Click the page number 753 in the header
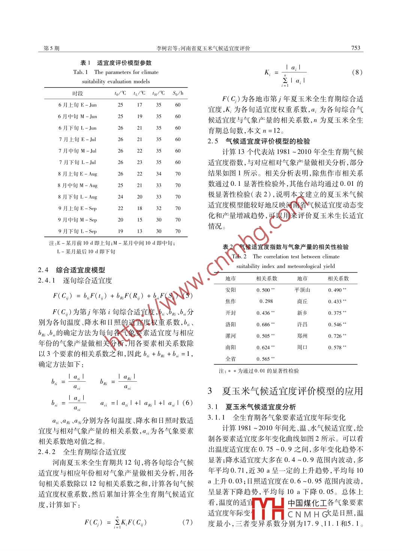coord(355,48)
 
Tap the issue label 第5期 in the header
coord(51,48)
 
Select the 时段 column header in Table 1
coord(77,93)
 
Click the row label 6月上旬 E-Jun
coord(77,105)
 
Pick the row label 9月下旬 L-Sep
coord(77,231)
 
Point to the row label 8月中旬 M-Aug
coord(77,185)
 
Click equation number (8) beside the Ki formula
coord(357,72)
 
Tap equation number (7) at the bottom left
coord(187,522)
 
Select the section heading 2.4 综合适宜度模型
coord(72,270)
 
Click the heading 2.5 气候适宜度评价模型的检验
coord(259,142)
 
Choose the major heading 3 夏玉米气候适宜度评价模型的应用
coord(285,391)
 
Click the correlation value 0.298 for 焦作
coord(266,301)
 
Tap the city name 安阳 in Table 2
coord(231,290)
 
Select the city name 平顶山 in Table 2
coord(302,290)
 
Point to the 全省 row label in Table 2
coord(231,359)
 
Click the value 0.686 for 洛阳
coord(265,324)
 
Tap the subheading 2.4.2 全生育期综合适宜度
coord(82,452)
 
